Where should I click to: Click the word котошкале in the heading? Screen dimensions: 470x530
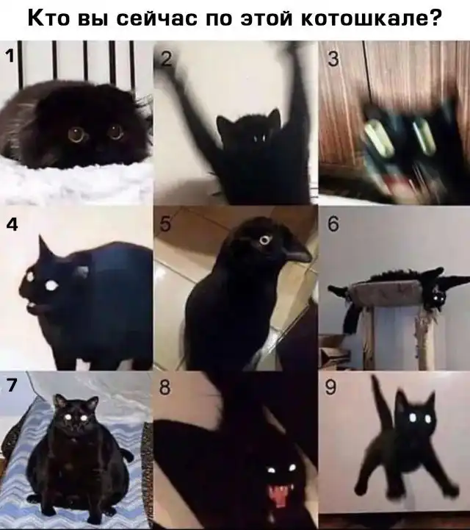366,18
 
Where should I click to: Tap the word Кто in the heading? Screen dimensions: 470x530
48,18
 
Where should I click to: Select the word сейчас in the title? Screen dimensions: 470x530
156,19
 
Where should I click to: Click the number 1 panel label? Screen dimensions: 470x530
10,55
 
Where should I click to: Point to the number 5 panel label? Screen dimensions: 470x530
165,224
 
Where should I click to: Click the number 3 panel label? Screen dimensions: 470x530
333,59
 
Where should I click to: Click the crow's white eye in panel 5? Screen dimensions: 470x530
264,240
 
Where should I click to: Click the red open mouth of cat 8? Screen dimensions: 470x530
278,496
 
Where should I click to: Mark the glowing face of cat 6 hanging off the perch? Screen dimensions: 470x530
438,298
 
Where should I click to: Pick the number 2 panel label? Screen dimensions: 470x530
166,59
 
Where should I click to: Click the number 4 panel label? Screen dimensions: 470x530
12,224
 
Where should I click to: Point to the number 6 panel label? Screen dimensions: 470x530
333,224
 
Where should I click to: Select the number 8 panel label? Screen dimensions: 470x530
164,387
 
